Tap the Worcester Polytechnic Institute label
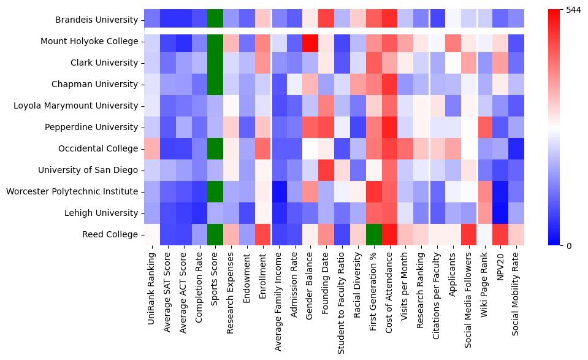pyautogui.click(x=72, y=192)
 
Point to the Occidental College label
pyautogui.click(x=98, y=149)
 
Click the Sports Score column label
pyautogui.click(x=215, y=281)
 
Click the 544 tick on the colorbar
pyautogui.click(x=573, y=10)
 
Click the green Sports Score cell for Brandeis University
pyautogui.click(x=215, y=20)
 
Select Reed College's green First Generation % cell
pyautogui.click(x=374, y=235)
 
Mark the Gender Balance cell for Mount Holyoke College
pyautogui.click(x=311, y=42)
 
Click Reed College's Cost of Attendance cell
pyautogui.click(x=390, y=235)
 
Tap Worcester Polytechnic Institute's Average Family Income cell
pyautogui.click(x=279, y=192)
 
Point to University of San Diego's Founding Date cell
pyautogui.click(x=327, y=170)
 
